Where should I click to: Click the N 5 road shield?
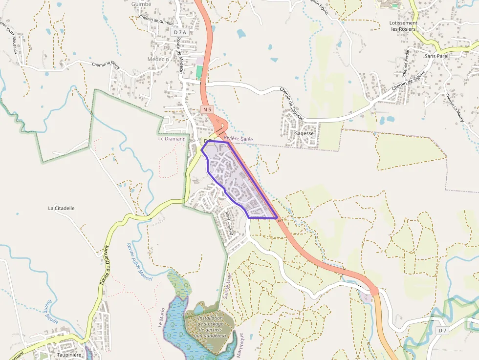coord(207,110)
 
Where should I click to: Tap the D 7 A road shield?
coord(180,32)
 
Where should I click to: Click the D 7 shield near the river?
coord(442,331)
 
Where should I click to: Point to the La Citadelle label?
coord(61,208)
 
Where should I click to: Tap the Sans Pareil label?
coord(436,56)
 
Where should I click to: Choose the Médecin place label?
coord(158,59)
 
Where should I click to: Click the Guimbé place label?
coord(141,4)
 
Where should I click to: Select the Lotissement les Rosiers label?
coord(404,26)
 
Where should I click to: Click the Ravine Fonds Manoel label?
coord(139,263)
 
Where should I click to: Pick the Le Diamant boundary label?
coord(171,139)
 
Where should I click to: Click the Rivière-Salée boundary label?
coord(239,139)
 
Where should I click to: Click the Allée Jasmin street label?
coord(230,224)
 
